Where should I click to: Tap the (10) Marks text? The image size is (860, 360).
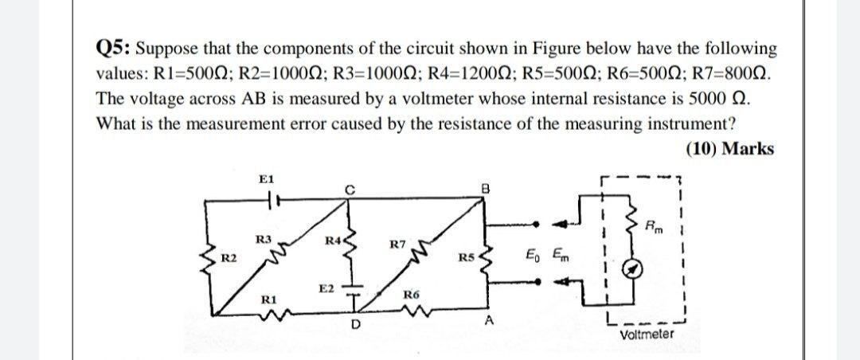coord(729,149)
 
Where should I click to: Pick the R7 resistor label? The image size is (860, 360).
coord(400,244)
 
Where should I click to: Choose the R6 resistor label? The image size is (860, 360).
coord(411,295)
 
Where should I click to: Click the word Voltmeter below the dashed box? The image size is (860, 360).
coord(646,335)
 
